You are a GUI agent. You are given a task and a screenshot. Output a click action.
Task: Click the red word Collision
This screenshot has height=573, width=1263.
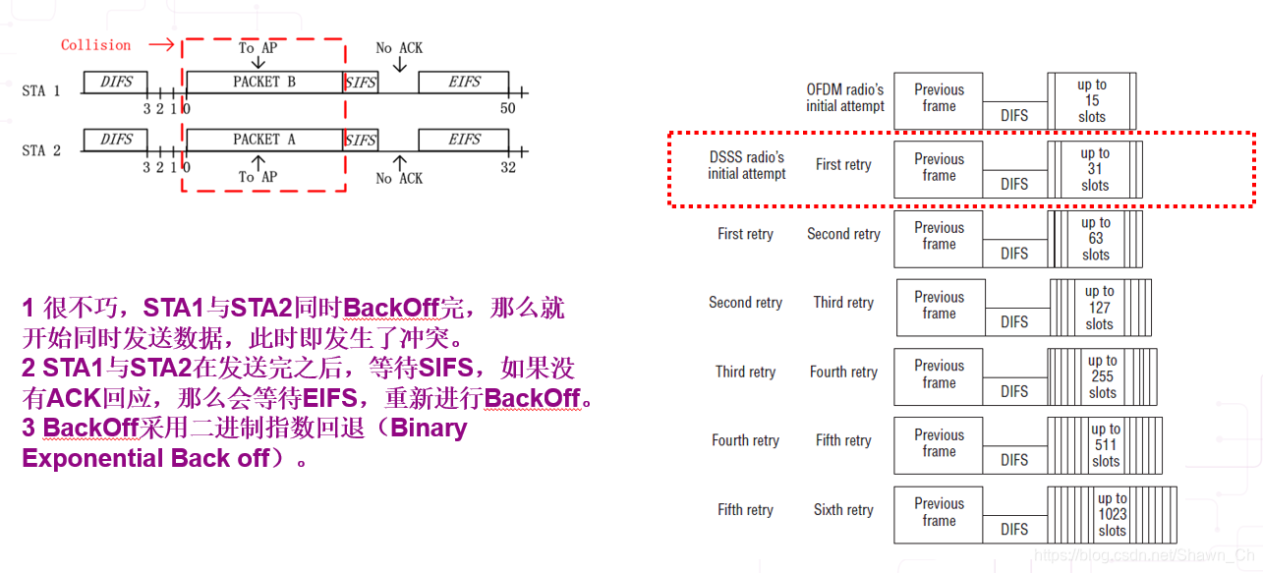point(95,45)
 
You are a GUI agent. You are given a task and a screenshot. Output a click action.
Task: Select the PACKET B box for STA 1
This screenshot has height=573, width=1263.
point(263,82)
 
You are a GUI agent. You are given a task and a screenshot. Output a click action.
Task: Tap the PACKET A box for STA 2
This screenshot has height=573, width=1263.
point(263,140)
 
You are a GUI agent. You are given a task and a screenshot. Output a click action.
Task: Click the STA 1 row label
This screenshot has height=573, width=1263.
point(41,91)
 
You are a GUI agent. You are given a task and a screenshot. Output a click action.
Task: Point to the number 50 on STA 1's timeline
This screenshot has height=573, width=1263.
point(507,108)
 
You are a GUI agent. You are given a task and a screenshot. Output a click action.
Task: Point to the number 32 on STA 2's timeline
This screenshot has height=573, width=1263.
point(507,167)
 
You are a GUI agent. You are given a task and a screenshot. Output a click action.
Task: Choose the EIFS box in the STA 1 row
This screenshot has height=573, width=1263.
point(464,82)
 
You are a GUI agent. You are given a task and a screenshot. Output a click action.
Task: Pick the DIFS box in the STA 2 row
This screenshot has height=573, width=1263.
point(116,140)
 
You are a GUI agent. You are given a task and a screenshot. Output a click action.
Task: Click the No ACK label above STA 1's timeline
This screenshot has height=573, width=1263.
point(399,47)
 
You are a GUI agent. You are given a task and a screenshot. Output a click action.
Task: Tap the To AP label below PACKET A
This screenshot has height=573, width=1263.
point(258,177)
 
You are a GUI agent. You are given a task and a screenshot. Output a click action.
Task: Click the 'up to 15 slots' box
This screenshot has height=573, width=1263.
point(1092,100)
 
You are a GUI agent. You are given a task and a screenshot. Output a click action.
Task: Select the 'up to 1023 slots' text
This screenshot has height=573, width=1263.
point(1113,514)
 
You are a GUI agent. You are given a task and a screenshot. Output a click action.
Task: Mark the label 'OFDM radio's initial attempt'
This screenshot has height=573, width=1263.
point(845,97)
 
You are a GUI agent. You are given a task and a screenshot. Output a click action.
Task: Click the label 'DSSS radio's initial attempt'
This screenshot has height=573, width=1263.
point(747,165)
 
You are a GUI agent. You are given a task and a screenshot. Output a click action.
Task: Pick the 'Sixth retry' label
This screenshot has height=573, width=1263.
point(843,510)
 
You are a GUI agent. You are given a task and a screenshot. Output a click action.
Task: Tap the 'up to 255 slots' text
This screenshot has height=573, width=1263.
point(1103,376)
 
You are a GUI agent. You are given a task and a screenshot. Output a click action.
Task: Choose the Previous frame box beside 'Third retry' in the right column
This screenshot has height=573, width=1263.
point(940,305)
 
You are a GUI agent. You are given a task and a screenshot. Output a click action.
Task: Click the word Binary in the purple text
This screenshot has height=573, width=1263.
point(429,429)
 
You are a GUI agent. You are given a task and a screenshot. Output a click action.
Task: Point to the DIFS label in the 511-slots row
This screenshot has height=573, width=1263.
point(1014,460)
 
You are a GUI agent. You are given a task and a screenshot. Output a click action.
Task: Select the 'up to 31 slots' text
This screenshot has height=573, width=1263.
point(1095,169)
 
